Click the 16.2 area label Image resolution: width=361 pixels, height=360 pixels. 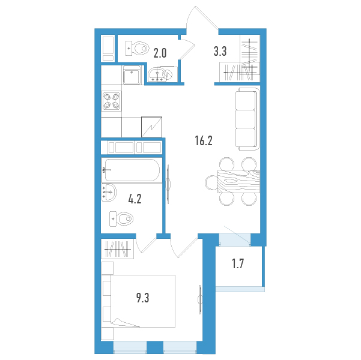tap(204, 141)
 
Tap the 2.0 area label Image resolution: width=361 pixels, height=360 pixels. tap(160, 53)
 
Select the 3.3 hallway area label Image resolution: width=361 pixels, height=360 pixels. tap(220, 51)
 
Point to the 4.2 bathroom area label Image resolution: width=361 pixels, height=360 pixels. tap(135, 199)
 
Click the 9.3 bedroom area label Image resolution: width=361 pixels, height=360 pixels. tap(143, 298)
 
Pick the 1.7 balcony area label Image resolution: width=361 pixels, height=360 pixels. tap(238, 263)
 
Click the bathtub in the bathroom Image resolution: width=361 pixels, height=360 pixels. tap(132, 170)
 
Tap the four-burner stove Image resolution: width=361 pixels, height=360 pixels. tap(112, 101)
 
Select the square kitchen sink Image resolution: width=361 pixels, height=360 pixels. tap(132, 75)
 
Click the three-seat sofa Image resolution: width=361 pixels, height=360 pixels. tap(247, 119)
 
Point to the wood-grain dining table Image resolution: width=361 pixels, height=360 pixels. tap(238, 181)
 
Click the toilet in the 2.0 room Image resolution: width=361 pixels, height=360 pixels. tap(136, 49)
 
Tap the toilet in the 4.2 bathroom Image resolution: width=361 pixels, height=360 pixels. tap(121, 219)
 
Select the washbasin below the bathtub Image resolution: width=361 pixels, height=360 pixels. tap(109, 193)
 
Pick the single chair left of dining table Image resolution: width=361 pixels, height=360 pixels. tap(211, 182)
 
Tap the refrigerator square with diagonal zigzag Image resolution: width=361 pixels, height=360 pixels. tap(151, 127)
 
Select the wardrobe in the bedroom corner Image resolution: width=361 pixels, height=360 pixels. tap(117, 249)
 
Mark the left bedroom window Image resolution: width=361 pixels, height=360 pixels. tap(130, 347)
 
